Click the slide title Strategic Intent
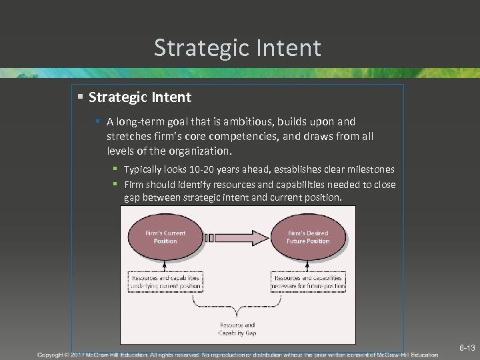pyautogui.click(x=237, y=48)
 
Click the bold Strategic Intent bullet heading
pyautogui.click(x=139, y=97)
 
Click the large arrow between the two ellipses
pyautogui.click(x=237, y=237)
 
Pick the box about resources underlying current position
pyautogui.click(x=165, y=282)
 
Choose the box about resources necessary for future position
pyautogui.click(x=308, y=282)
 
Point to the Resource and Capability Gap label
pyautogui.click(x=237, y=329)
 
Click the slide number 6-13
pyautogui.click(x=467, y=348)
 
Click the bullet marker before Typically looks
pyautogui.click(x=115, y=169)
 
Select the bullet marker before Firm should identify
pyautogui.click(x=115, y=184)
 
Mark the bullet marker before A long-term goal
pyautogui.click(x=97, y=121)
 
